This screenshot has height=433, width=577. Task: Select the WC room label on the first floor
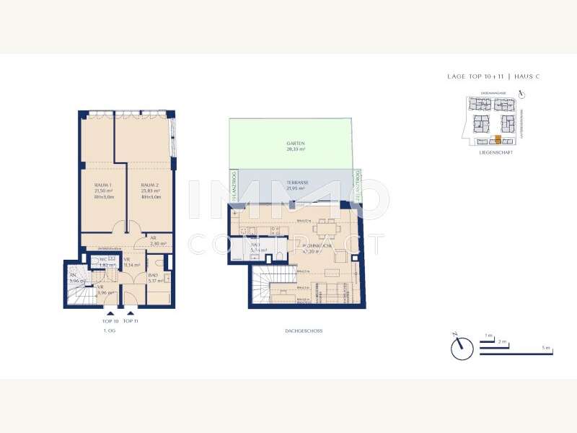pyautogui.click(x=104, y=258)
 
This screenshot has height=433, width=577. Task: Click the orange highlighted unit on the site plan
pyautogui.click(x=498, y=139)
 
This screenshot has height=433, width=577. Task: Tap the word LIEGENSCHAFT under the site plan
pyautogui.click(x=495, y=153)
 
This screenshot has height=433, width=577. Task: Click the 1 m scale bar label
pyautogui.click(x=488, y=335)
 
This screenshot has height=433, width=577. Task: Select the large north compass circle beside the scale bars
pyautogui.click(x=461, y=349)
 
